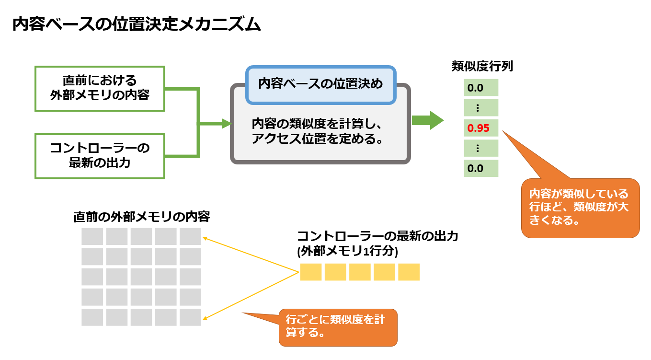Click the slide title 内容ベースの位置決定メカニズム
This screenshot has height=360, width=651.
[x=137, y=24]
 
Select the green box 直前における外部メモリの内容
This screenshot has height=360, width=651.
[x=100, y=89]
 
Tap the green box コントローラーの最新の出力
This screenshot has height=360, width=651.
[x=100, y=156]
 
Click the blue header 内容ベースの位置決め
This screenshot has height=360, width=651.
[x=320, y=85]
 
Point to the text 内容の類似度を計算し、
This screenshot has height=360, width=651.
[x=317, y=124]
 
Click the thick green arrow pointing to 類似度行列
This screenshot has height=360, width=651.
[x=428, y=120]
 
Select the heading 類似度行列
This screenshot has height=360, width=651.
[x=482, y=66]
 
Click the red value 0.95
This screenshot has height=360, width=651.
[x=479, y=128]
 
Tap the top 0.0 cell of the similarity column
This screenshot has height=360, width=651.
[x=481, y=88]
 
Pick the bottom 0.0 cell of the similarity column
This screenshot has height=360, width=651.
[x=481, y=168]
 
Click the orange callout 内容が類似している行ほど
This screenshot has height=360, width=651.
[x=580, y=208]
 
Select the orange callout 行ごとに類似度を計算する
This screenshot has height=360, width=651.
[x=338, y=327]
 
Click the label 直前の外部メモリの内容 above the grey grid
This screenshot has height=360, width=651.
[x=141, y=217]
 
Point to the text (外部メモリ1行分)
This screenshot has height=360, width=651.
[x=348, y=251]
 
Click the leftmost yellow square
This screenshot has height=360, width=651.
[x=311, y=272]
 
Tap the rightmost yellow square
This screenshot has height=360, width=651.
[x=409, y=272]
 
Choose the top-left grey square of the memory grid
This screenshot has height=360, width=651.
[x=92, y=236]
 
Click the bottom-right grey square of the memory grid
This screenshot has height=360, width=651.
[x=190, y=317]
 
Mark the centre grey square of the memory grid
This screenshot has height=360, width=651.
[x=141, y=277]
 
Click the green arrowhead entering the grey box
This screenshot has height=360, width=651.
[x=227, y=124]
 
